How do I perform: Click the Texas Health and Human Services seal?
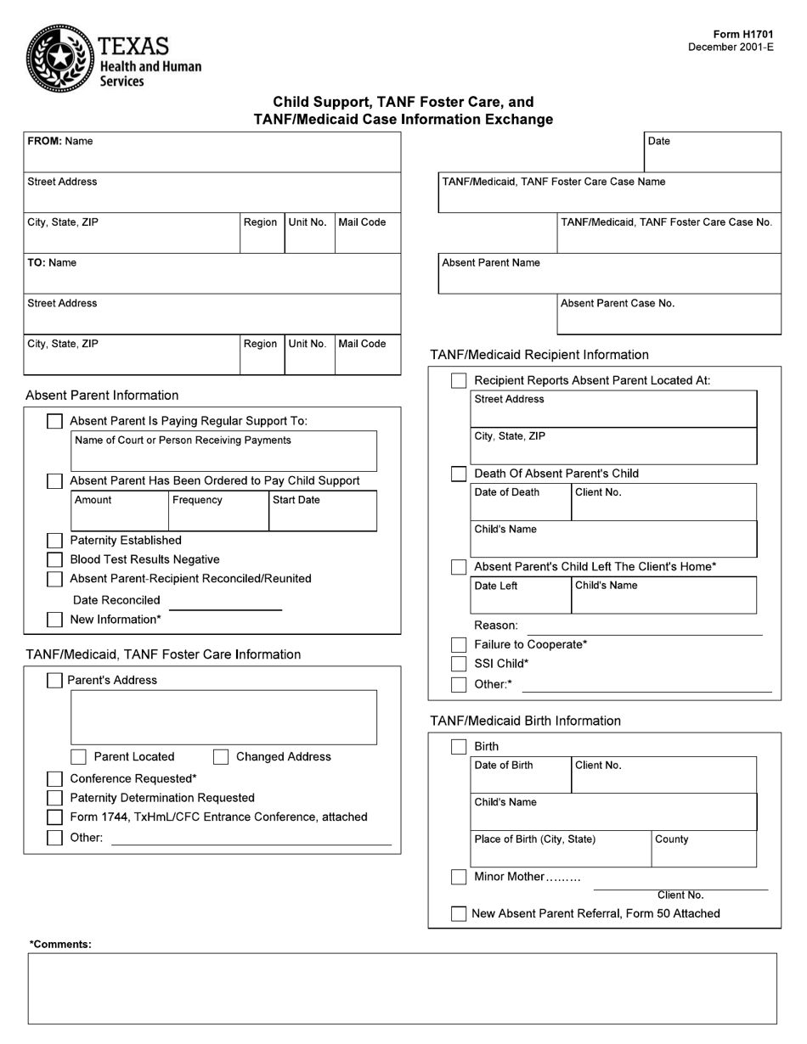[60, 58]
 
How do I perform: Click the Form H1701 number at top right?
[743, 35]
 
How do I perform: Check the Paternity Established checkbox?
[54, 541]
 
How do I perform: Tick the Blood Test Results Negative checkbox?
[54, 559]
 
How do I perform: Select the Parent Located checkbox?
[78, 757]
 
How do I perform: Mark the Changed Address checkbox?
[221, 757]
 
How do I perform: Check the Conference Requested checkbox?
[54, 779]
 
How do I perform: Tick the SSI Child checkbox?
[459, 664]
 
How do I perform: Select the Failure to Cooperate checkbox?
[459, 645]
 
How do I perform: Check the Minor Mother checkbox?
[459, 877]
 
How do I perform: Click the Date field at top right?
[712, 158]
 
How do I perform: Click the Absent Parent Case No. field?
[669, 319]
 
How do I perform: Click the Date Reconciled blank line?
[225, 602]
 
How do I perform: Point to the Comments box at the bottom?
[403, 988]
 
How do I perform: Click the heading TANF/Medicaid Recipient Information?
[539, 355]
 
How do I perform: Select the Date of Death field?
[521, 508]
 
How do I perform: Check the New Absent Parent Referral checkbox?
[459, 914]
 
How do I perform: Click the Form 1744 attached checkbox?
[54, 817]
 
